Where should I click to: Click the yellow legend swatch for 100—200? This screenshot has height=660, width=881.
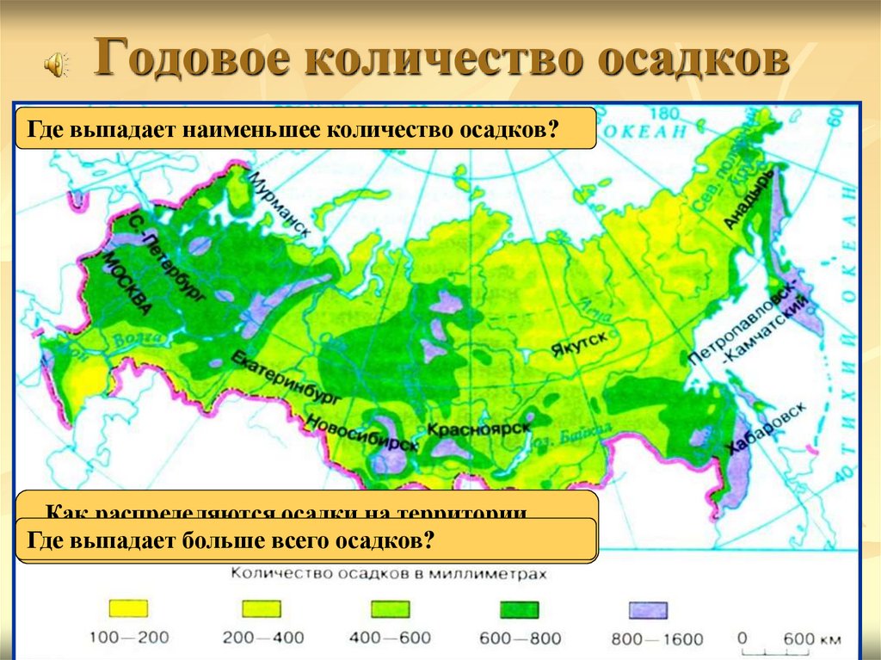tap(127, 609)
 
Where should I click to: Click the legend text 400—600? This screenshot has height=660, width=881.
tap(391, 638)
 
